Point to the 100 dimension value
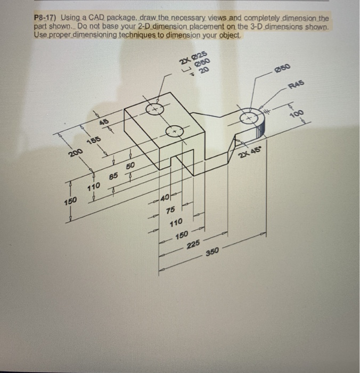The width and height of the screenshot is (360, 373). coord(297,115)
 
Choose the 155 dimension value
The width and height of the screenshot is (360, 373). coord(94,141)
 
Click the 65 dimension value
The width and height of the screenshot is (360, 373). coord(113,174)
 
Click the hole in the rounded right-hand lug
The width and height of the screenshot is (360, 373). coord(249,119)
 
